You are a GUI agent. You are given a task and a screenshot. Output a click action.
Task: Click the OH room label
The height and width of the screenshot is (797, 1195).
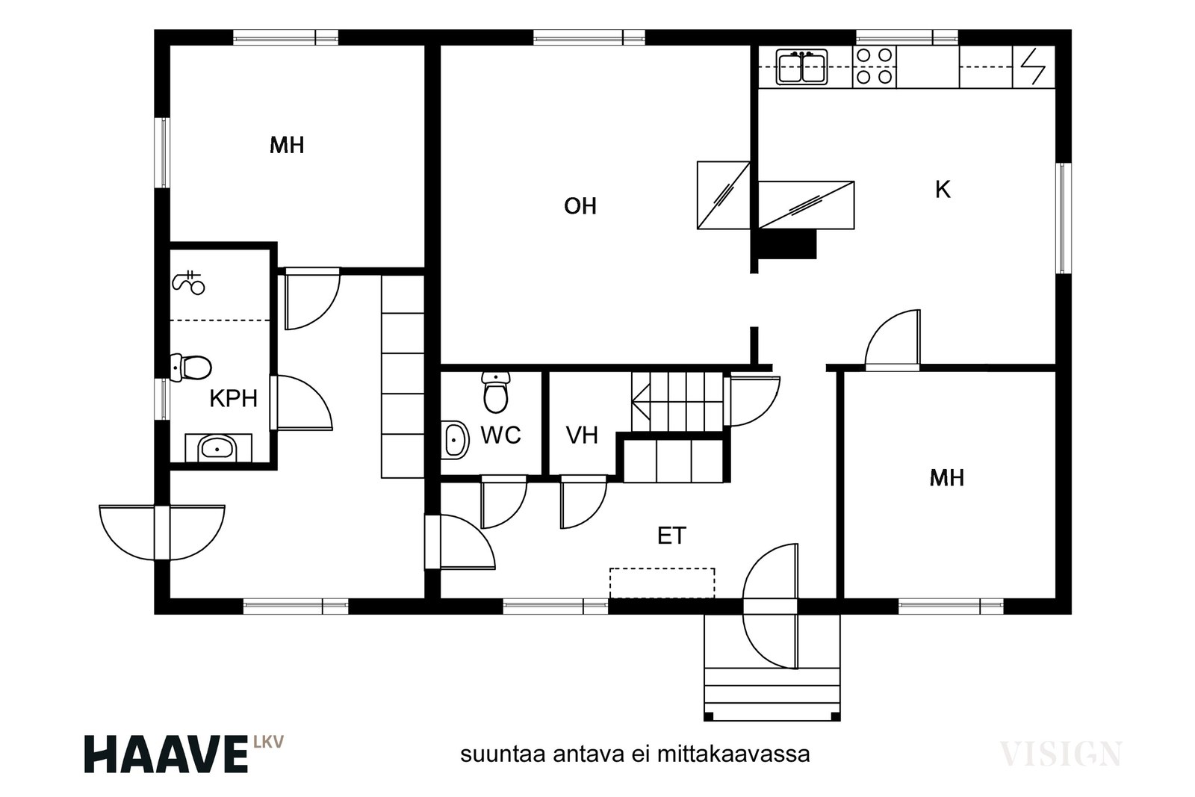580,206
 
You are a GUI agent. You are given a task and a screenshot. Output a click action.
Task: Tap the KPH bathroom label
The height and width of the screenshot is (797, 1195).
233,399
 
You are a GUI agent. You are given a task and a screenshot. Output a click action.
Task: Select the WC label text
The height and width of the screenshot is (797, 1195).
500,435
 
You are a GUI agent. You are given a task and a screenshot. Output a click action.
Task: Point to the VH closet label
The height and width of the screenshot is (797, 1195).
582,435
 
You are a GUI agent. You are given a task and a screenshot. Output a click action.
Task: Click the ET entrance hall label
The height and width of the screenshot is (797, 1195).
671,536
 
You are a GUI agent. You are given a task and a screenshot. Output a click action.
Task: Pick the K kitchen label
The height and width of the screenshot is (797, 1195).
943,190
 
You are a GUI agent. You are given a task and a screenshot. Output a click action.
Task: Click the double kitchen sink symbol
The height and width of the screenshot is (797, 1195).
801,67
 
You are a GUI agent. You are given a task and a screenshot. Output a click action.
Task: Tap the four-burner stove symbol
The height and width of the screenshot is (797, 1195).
875,66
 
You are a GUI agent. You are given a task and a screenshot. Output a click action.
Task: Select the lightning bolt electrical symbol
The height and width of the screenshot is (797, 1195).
1034,66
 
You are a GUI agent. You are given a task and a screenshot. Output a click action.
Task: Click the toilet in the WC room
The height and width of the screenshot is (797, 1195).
496,392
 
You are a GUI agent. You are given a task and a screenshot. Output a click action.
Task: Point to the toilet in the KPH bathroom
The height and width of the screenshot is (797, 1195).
190,368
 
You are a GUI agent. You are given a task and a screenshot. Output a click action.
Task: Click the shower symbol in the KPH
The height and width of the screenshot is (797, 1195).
188,283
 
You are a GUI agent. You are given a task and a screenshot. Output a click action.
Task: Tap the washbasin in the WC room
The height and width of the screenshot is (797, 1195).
455,440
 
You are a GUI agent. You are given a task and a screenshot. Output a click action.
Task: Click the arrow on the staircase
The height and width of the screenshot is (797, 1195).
641,402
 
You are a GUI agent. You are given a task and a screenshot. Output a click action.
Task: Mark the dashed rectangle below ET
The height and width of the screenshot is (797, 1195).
662,583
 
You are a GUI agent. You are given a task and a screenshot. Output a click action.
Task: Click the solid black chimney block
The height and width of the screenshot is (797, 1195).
787,244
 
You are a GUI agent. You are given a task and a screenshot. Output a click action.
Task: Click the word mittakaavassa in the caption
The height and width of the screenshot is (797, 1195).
733,754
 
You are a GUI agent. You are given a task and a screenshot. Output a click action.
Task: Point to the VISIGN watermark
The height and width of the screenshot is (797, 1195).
1061,754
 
